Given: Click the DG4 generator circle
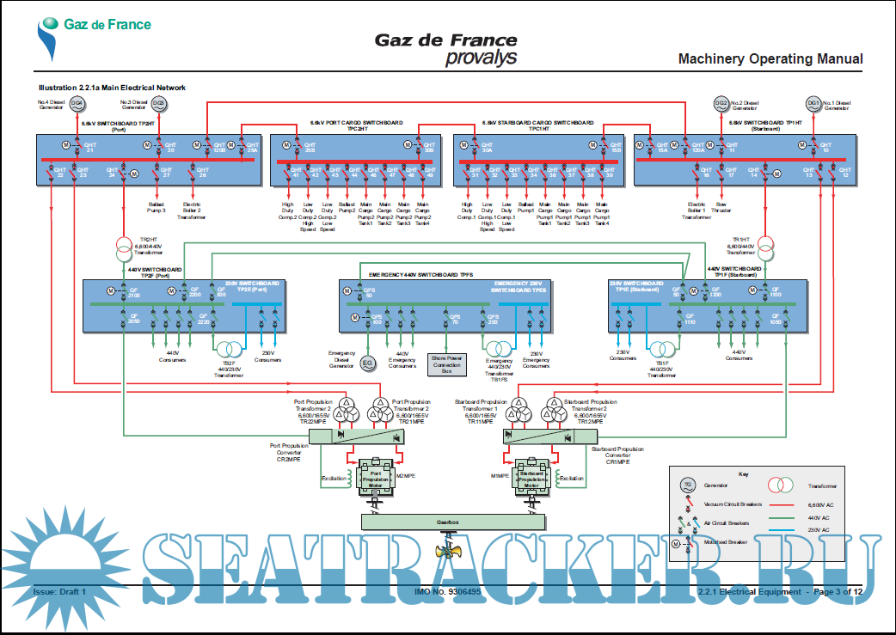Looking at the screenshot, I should coord(77,104).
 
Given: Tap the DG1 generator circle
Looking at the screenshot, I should coord(813,104).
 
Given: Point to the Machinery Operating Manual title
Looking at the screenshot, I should coord(770,59).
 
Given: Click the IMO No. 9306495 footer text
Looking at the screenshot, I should coord(447,591).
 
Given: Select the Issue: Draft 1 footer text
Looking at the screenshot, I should coord(60,591).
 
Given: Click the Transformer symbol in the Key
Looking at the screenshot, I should coord(781,485).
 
